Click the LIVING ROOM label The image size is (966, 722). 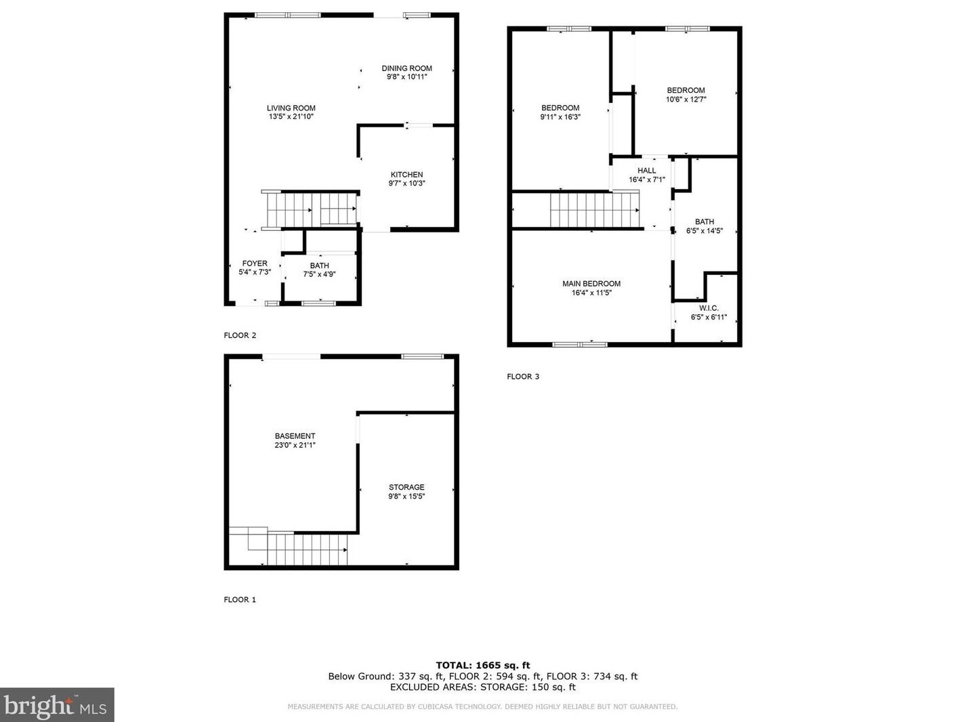pos(291,108)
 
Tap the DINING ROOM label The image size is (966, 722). pos(406,68)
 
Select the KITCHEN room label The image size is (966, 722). pos(406,175)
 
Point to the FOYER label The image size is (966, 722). pos(255,263)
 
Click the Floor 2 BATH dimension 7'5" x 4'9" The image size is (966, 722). pos(319,274)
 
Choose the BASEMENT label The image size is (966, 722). pos(295,436)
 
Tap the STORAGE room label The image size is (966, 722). pos(406,487)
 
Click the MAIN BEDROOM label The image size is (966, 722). pos(591,284)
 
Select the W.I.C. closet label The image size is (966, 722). pos(709,308)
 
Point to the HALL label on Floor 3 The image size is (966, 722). pos(646,171)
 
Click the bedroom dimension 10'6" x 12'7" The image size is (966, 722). pos(686,100)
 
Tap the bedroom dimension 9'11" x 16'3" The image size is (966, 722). pos(560,117)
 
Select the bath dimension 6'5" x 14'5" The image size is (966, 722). pos(704,231)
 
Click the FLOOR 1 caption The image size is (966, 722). pos(240,599)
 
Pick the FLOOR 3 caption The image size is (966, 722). pos(523,377)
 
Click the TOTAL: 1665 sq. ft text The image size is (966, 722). pos(482,665)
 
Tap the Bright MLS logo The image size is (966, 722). pos(57,705)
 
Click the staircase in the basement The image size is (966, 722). pos(306,549)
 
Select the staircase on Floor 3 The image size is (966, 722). pos(593,210)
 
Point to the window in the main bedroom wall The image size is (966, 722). pos(580,344)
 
